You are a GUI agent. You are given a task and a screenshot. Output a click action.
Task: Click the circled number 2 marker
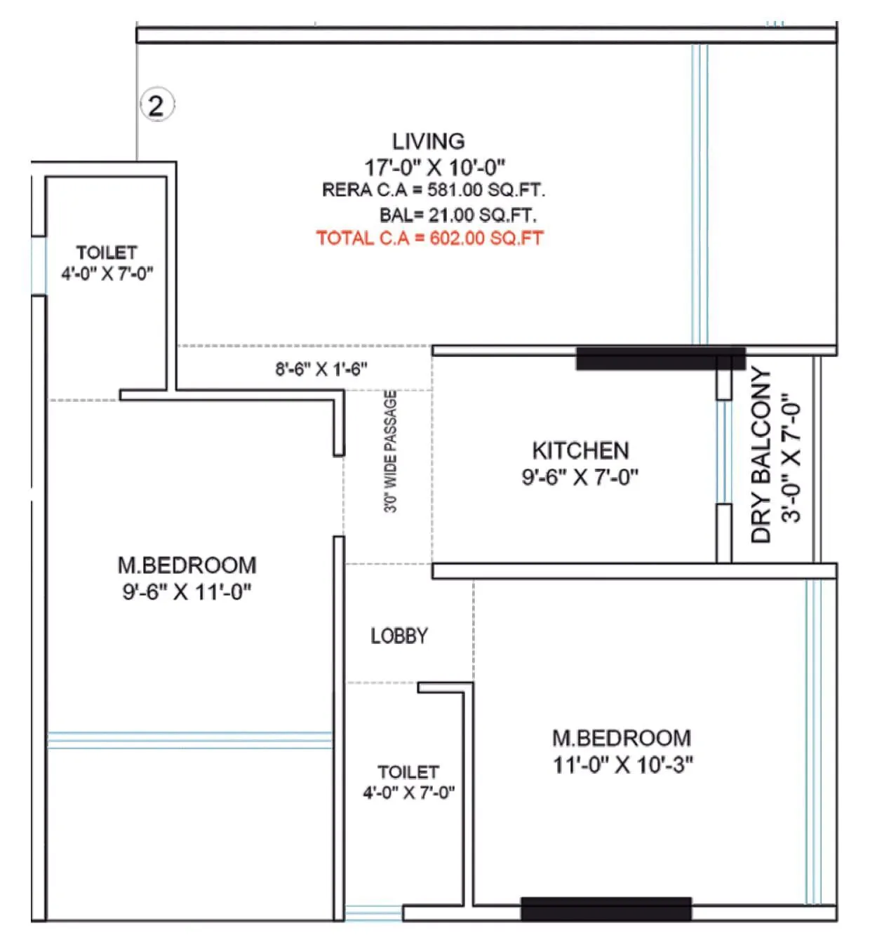click(156, 106)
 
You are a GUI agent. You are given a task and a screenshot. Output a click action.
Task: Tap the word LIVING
click(428, 141)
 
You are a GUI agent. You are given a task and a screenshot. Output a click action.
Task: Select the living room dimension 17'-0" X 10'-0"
click(434, 168)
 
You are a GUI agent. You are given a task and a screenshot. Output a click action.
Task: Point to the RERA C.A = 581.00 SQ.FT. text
click(433, 190)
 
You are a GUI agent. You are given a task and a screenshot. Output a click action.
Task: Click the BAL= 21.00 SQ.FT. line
click(457, 215)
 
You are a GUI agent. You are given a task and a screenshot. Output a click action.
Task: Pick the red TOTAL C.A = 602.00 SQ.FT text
click(429, 238)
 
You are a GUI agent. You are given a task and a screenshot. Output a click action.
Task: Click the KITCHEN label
click(580, 450)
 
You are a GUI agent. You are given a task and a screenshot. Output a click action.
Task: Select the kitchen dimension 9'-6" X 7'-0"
click(580, 477)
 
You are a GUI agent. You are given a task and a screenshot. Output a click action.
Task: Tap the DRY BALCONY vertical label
click(761, 455)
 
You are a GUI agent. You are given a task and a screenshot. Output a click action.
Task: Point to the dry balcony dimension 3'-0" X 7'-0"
click(791, 457)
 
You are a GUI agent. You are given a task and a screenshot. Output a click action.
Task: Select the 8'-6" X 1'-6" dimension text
click(321, 369)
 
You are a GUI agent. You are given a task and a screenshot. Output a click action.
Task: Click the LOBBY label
click(399, 636)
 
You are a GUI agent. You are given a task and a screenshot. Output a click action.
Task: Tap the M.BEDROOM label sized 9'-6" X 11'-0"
click(187, 565)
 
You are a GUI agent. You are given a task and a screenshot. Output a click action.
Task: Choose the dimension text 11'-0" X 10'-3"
click(622, 765)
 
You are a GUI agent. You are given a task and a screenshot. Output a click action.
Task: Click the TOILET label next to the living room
click(107, 253)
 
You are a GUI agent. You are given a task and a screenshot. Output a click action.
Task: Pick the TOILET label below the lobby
click(408, 772)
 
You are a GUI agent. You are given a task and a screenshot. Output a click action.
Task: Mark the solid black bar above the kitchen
click(660, 358)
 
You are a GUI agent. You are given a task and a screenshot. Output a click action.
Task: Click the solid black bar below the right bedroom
click(606, 908)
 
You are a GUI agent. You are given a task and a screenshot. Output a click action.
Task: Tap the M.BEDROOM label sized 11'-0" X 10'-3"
click(622, 738)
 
